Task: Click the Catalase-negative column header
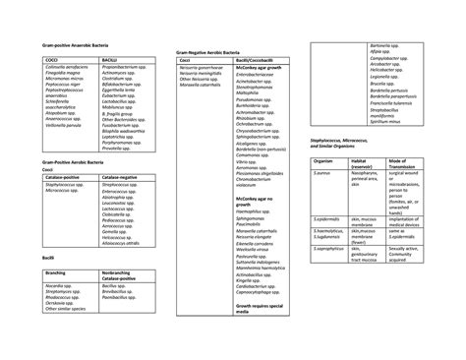[121, 176]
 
